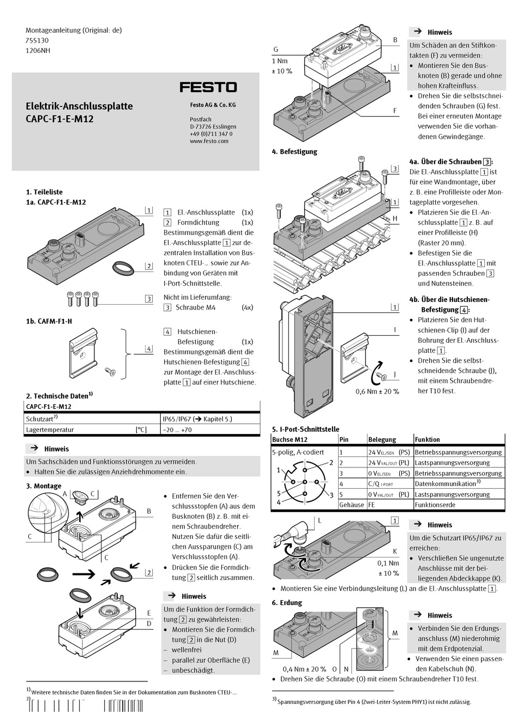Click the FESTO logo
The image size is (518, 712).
coord(208,87)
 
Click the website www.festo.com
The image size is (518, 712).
coord(209,141)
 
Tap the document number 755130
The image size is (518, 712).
coord(38,40)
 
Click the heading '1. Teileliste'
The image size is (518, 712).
coord(44,192)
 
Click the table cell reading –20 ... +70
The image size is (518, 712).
coord(177,430)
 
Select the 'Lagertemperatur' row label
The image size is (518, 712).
coord(50,430)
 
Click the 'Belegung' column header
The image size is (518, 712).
coord(382,439)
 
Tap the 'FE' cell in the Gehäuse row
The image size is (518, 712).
coord(372,505)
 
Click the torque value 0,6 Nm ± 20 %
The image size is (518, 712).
coord(377,391)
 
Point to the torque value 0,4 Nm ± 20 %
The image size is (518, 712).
coord(304,669)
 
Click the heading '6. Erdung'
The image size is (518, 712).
coord(287,603)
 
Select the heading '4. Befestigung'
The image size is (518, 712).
coord(294,151)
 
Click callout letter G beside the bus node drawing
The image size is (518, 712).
coord(276,50)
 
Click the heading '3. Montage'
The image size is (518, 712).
coord(44,486)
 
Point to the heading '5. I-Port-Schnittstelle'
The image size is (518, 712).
coord(305,429)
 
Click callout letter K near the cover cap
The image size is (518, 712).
coord(395,552)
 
